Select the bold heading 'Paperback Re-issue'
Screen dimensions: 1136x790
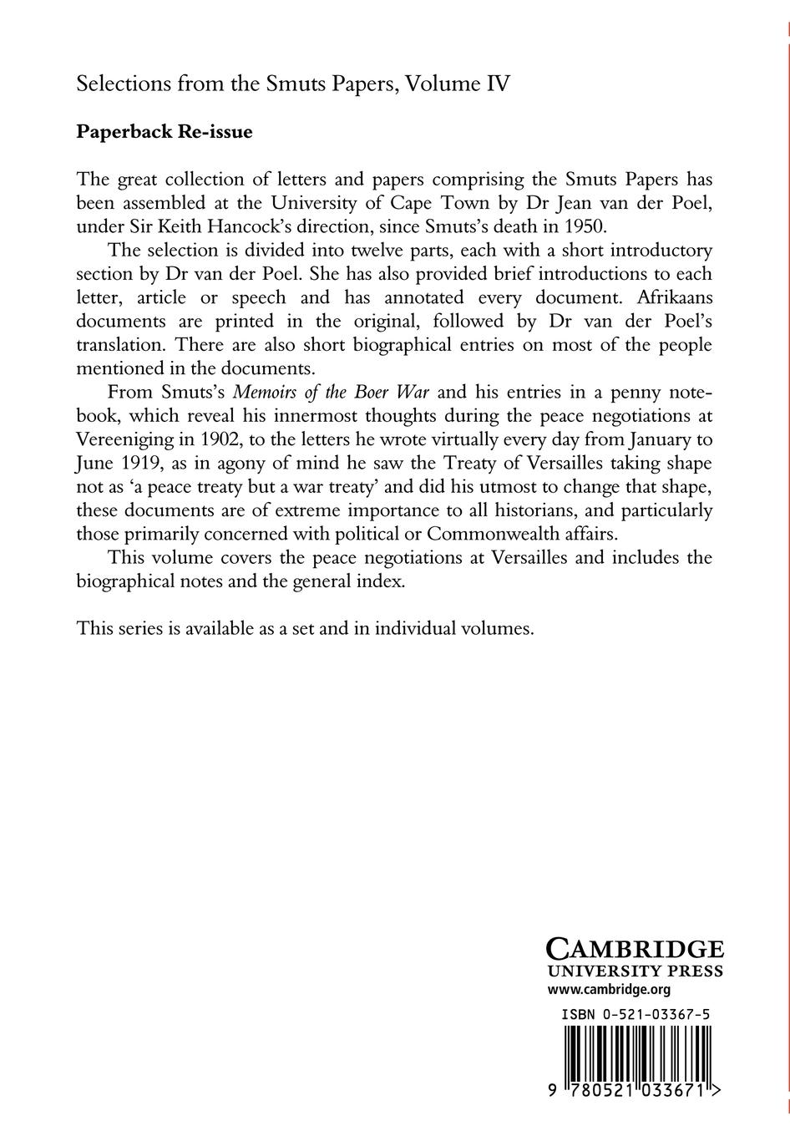pyautogui.click(x=164, y=132)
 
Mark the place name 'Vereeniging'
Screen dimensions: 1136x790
pyautogui.click(x=123, y=439)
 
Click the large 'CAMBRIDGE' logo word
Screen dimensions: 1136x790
pyautogui.click(x=634, y=948)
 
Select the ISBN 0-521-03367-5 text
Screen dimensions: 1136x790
pyautogui.click(x=636, y=1014)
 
